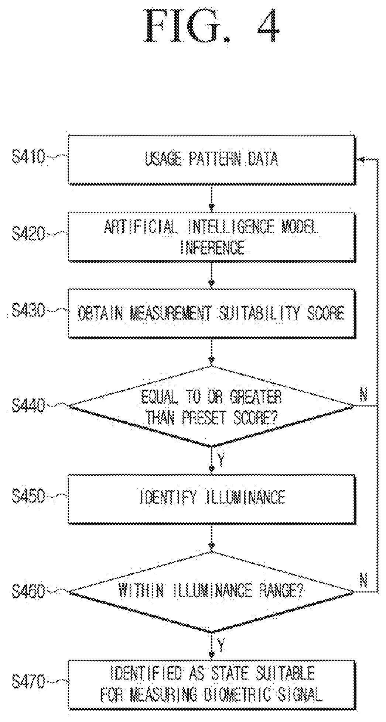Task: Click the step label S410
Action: pyautogui.click(x=28, y=158)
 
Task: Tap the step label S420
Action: pyautogui.click(x=28, y=234)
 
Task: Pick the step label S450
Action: pyautogui.click(x=28, y=497)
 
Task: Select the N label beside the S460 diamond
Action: pyautogui.click(x=364, y=581)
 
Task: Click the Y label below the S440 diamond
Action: pyautogui.click(x=221, y=460)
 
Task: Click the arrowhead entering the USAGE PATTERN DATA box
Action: pyautogui.click(x=361, y=160)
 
